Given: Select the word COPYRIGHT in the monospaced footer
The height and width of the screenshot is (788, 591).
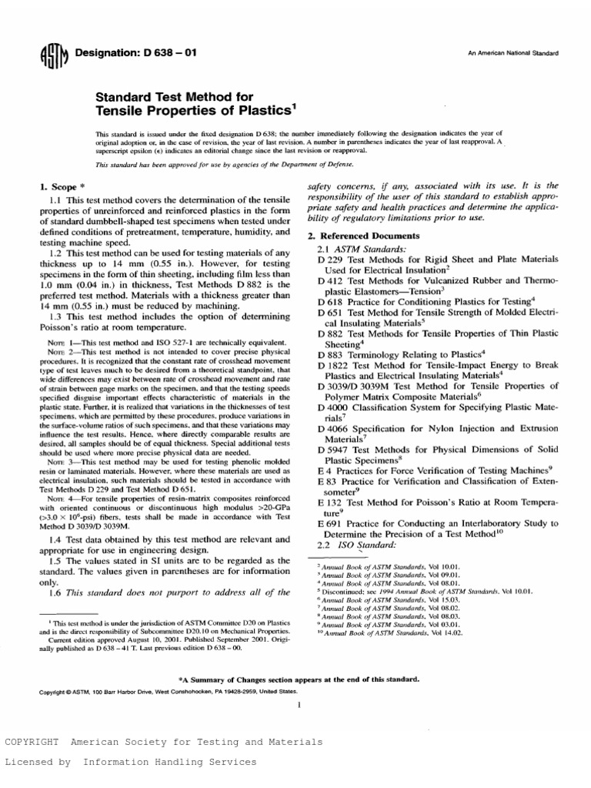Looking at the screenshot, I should click(32, 742).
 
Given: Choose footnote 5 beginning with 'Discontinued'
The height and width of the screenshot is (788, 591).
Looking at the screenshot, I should click(416, 593).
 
